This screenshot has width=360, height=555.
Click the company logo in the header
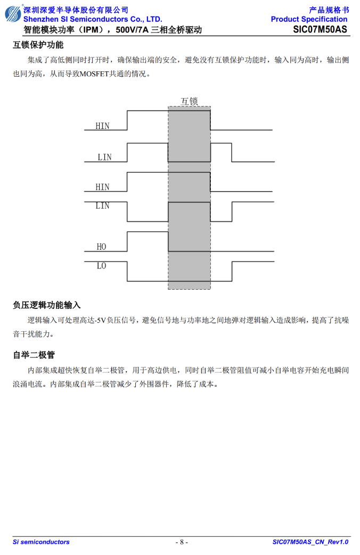point(13,13)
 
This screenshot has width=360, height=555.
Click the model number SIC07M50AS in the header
point(320,29)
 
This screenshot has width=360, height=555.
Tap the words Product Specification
point(309,19)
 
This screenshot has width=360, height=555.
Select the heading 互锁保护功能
point(38,45)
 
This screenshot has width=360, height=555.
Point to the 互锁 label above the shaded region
point(190,101)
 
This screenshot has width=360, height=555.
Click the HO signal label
point(101,247)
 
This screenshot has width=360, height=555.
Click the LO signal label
point(101,266)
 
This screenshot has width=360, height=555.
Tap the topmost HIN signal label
point(102,126)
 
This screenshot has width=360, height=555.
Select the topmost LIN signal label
point(104,157)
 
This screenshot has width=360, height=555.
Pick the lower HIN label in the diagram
point(102,187)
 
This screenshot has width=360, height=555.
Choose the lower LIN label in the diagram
point(102,206)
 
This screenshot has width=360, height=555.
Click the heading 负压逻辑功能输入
point(47,305)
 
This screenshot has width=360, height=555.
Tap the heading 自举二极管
point(34,355)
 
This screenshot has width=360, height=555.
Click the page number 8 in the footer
point(182,542)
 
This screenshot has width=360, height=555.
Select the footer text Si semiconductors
point(41,542)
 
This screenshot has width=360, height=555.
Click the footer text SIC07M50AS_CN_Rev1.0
point(310,542)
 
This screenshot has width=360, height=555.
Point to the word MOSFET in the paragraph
point(94,74)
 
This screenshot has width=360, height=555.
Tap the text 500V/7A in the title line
point(132,30)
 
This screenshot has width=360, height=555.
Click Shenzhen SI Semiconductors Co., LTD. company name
point(93,19)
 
